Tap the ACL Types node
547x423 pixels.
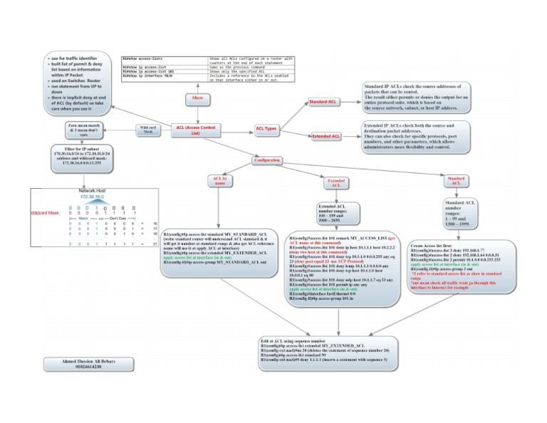pos(266,129)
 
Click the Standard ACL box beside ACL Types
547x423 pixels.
pos(323,103)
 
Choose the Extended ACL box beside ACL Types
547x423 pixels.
pos(325,136)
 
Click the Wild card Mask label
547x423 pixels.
pos(148,130)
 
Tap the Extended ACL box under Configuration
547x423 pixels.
pos(335,182)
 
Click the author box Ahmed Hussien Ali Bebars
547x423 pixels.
pos(78,363)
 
